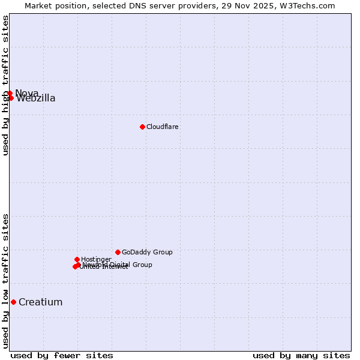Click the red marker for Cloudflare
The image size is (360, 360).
point(142,127)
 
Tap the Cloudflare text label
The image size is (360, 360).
point(163,127)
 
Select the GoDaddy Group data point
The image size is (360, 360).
point(118,252)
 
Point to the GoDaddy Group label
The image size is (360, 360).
point(147,252)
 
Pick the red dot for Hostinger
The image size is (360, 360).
point(77,259)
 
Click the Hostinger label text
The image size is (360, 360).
point(96,259)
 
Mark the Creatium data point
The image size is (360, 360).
point(13,302)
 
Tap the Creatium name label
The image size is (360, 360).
point(40,302)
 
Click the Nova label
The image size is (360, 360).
point(27,93)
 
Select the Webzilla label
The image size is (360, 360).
point(36,98)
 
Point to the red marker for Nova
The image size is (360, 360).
point(10,93)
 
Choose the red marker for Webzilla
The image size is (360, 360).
point(11,98)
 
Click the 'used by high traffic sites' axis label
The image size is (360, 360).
point(5,85)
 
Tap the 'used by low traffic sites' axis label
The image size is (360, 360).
point(5,280)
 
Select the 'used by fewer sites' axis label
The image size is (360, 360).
point(62,355)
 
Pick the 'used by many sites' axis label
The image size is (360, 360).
point(301,355)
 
